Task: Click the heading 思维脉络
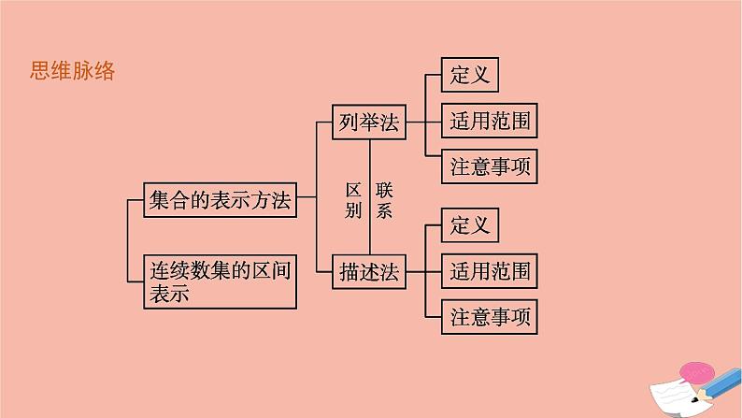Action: pos(72,72)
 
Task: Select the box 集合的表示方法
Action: pos(220,199)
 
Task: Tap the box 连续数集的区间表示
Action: pos(220,281)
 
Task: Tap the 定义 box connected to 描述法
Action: pos(470,226)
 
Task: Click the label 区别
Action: pos(352,199)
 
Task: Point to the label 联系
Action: pos(384,199)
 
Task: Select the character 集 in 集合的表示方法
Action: pos(160,199)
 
